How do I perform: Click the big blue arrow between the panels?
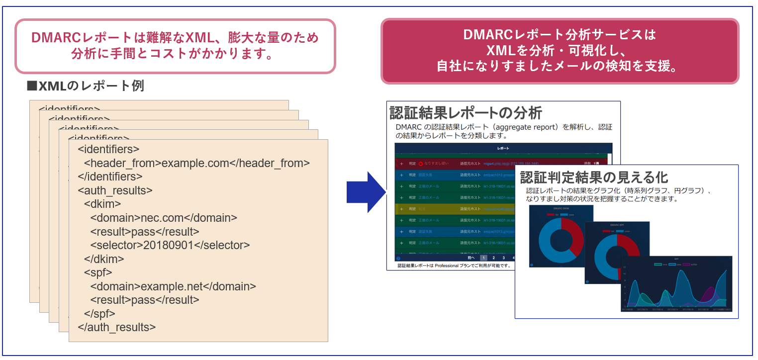[366, 192]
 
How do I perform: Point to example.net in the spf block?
[172, 286]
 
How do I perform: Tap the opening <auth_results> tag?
[115, 190]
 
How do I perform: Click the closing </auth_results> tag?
[117, 327]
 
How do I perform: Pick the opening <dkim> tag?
[102, 204]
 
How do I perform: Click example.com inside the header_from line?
[195, 163]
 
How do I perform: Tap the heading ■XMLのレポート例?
[86, 86]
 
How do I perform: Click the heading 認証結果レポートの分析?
[465, 113]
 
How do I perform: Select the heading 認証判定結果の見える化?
[594, 178]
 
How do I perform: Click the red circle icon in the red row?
[421, 163]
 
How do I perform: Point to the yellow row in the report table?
[448, 209]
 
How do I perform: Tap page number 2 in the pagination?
[493, 258]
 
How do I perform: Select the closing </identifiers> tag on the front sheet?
[110, 177]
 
